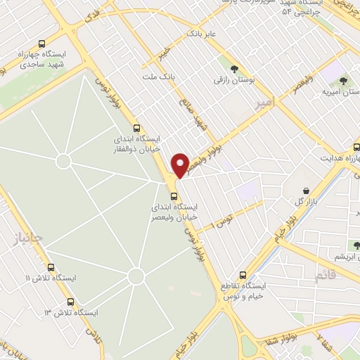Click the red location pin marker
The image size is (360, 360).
tap(180, 165)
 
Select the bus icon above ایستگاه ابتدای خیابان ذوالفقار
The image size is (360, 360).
tap(136, 129)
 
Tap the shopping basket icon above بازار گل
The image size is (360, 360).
tap(306, 191)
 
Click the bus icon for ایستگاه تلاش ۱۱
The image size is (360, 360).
tap(51, 267)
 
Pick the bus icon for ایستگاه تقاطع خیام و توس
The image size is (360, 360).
tap(243, 274)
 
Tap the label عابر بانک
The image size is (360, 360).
tap(200, 33)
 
